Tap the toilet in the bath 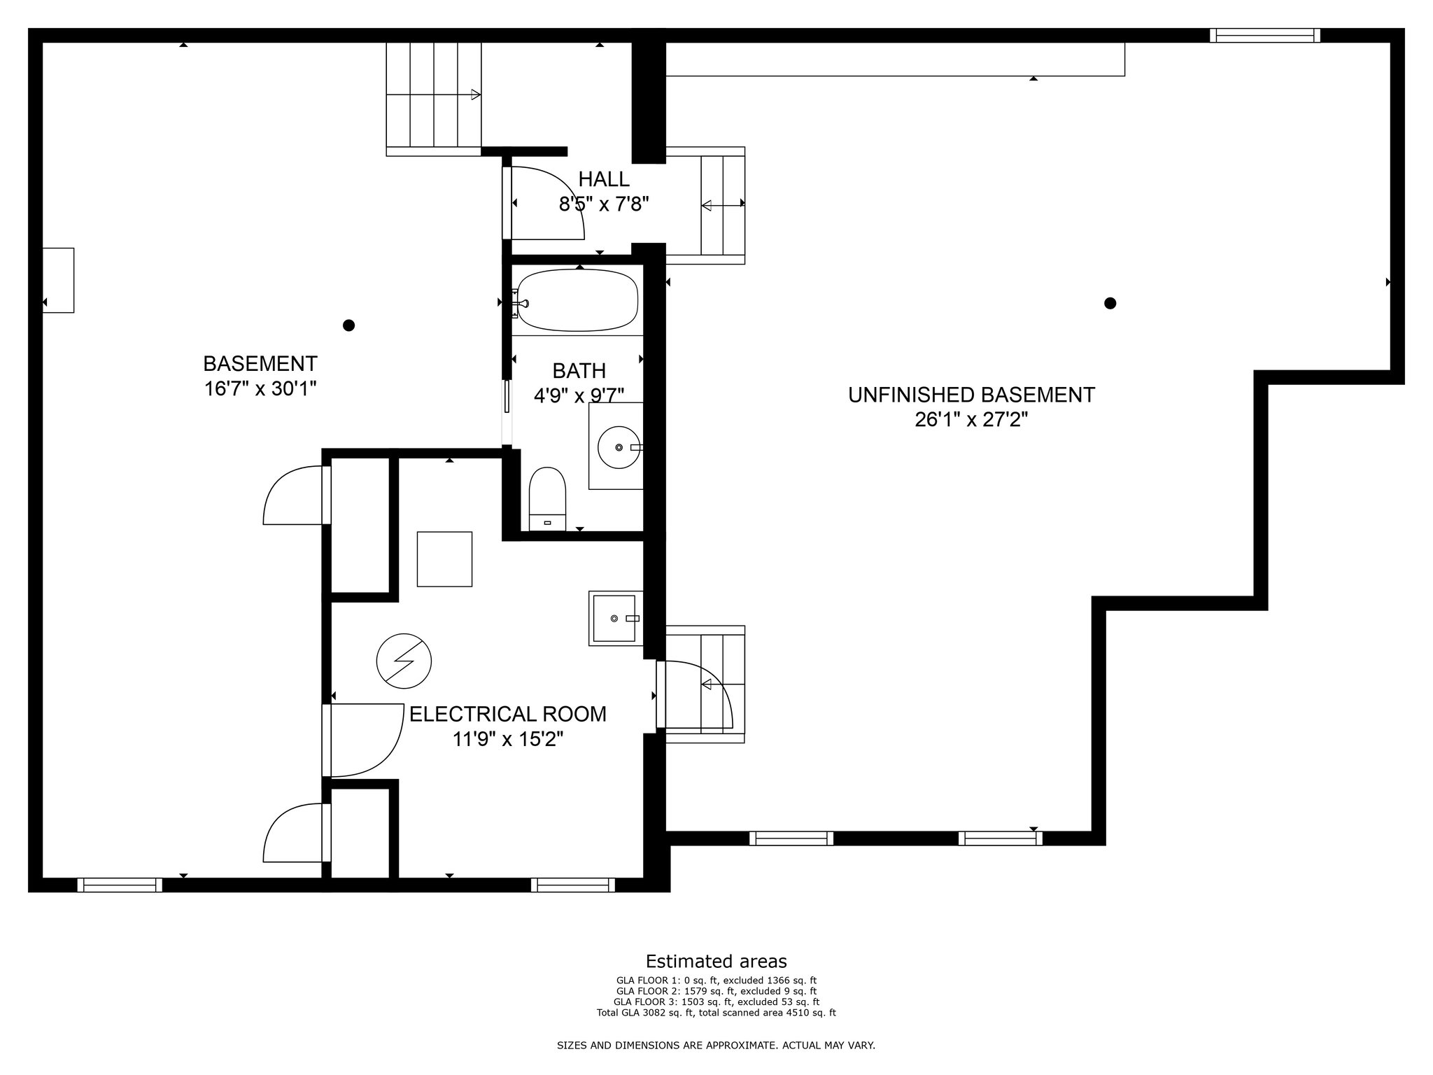tap(547, 498)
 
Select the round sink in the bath tap(619, 446)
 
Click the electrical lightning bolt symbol tap(404, 661)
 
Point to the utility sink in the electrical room tap(616, 619)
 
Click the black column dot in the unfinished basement tap(1110, 303)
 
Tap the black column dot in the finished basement tap(348, 325)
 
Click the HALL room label tap(604, 179)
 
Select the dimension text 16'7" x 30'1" tap(260, 388)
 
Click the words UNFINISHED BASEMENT tap(971, 395)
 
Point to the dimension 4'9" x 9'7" tap(579, 396)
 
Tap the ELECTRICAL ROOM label tap(508, 714)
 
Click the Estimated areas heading tap(716, 961)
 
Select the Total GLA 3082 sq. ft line tap(716, 1013)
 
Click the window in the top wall tap(1265, 35)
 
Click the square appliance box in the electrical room tap(444, 558)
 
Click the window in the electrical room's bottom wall tap(573, 885)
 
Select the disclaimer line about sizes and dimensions tap(716, 1046)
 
